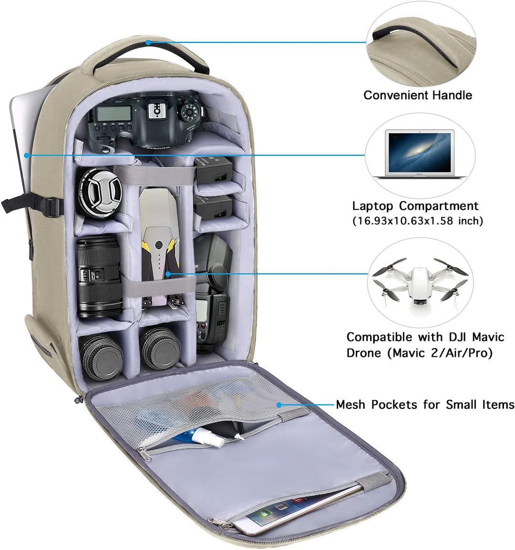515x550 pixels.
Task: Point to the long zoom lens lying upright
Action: pyautogui.click(x=99, y=276)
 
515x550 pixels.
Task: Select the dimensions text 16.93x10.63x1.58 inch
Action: pyautogui.click(x=418, y=221)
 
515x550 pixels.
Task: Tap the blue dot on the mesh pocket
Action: pyautogui.click(x=279, y=405)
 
